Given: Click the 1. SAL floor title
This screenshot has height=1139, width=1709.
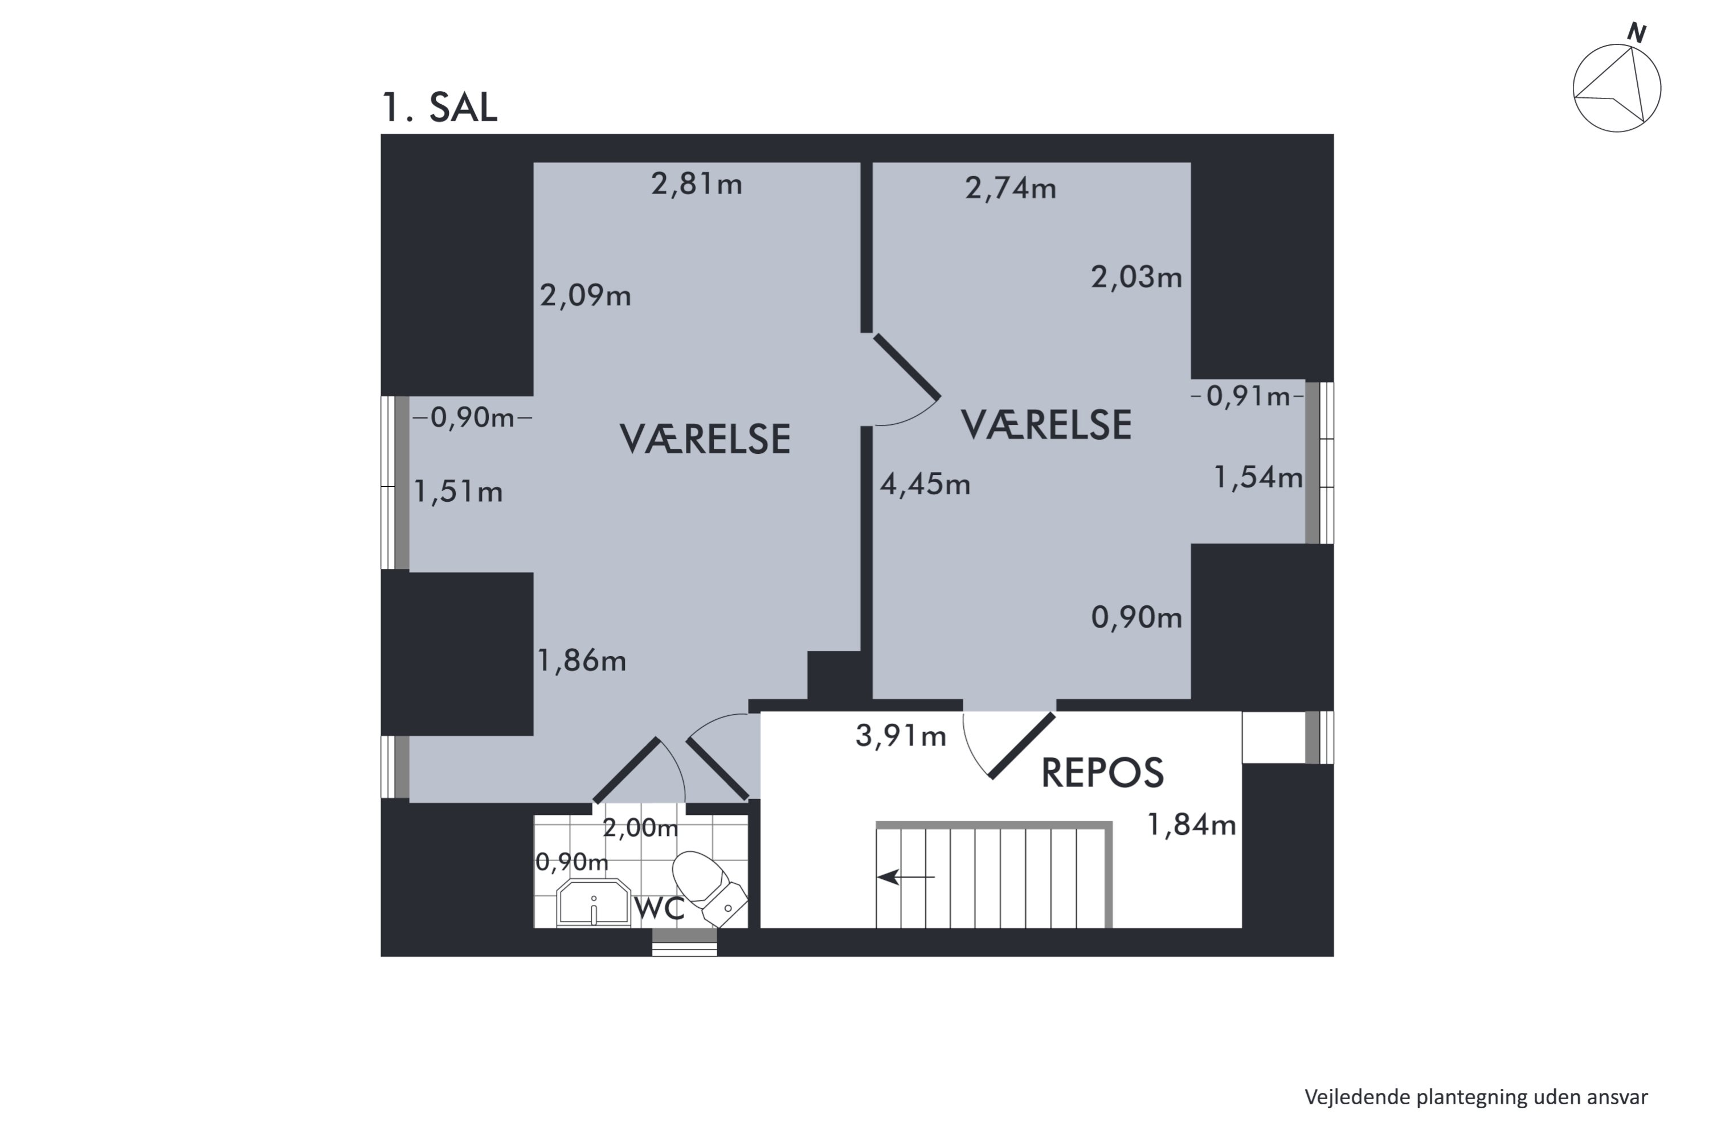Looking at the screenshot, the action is pyautogui.click(x=440, y=108).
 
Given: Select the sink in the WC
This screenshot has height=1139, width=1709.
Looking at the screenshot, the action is pyautogui.click(x=594, y=903).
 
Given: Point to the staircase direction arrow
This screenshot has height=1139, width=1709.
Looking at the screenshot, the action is pyautogui.click(x=905, y=877).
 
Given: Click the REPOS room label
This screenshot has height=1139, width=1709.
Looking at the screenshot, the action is pyautogui.click(x=1102, y=772).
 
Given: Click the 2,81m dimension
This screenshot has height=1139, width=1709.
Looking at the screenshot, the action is pyautogui.click(x=696, y=184).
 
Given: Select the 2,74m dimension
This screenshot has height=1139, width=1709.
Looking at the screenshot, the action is pyautogui.click(x=1010, y=188).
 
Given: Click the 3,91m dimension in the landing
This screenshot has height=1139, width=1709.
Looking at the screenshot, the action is pyautogui.click(x=901, y=736).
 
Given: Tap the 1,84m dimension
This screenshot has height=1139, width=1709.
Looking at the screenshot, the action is pyautogui.click(x=1191, y=825).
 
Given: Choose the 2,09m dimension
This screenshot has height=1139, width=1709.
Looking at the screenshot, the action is pyautogui.click(x=585, y=296).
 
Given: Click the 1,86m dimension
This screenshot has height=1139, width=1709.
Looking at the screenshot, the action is pyautogui.click(x=581, y=660).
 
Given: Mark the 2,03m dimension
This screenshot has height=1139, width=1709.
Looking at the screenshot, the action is pyautogui.click(x=1136, y=277).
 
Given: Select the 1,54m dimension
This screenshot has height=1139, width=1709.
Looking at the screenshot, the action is pyautogui.click(x=1258, y=477).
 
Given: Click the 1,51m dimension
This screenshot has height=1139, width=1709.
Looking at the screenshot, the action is pyautogui.click(x=458, y=492).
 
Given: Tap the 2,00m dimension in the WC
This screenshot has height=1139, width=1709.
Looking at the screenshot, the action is pyautogui.click(x=640, y=827).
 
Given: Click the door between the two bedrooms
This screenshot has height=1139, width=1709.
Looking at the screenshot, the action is pyautogui.click(x=907, y=367).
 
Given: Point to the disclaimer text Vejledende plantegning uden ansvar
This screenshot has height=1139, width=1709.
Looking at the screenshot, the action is pyautogui.click(x=1476, y=1097).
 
